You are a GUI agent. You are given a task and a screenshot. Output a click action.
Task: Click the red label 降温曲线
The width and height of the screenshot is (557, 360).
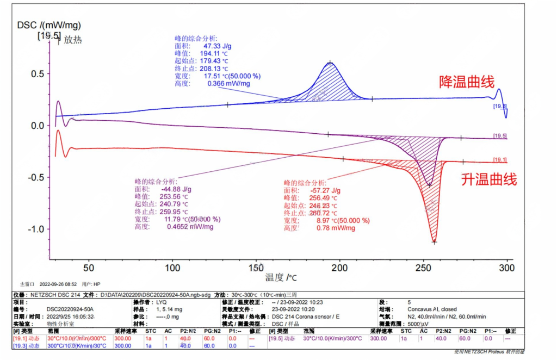click(x=467, y=82)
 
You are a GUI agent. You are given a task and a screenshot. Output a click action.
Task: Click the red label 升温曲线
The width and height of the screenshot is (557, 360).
click(x=489, y=179)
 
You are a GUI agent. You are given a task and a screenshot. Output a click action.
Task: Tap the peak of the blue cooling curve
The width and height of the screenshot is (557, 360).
click(x=330, y=63)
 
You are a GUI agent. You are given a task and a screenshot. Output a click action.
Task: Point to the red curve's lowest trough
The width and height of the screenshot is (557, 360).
click(x=434, y=241)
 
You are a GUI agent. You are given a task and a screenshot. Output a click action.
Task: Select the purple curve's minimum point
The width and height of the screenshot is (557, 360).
click(x=429, y=185)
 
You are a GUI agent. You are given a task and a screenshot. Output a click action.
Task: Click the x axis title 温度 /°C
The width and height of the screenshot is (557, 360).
click(x=281, y=278)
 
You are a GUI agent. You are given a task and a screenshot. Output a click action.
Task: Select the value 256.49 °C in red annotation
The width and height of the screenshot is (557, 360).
click(x=327, y=198)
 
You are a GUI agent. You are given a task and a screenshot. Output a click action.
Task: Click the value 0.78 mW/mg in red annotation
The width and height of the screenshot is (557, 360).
click(x=336, y=228)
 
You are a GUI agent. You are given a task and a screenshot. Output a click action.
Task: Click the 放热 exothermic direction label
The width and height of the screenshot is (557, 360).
click(x=72, y=40)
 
